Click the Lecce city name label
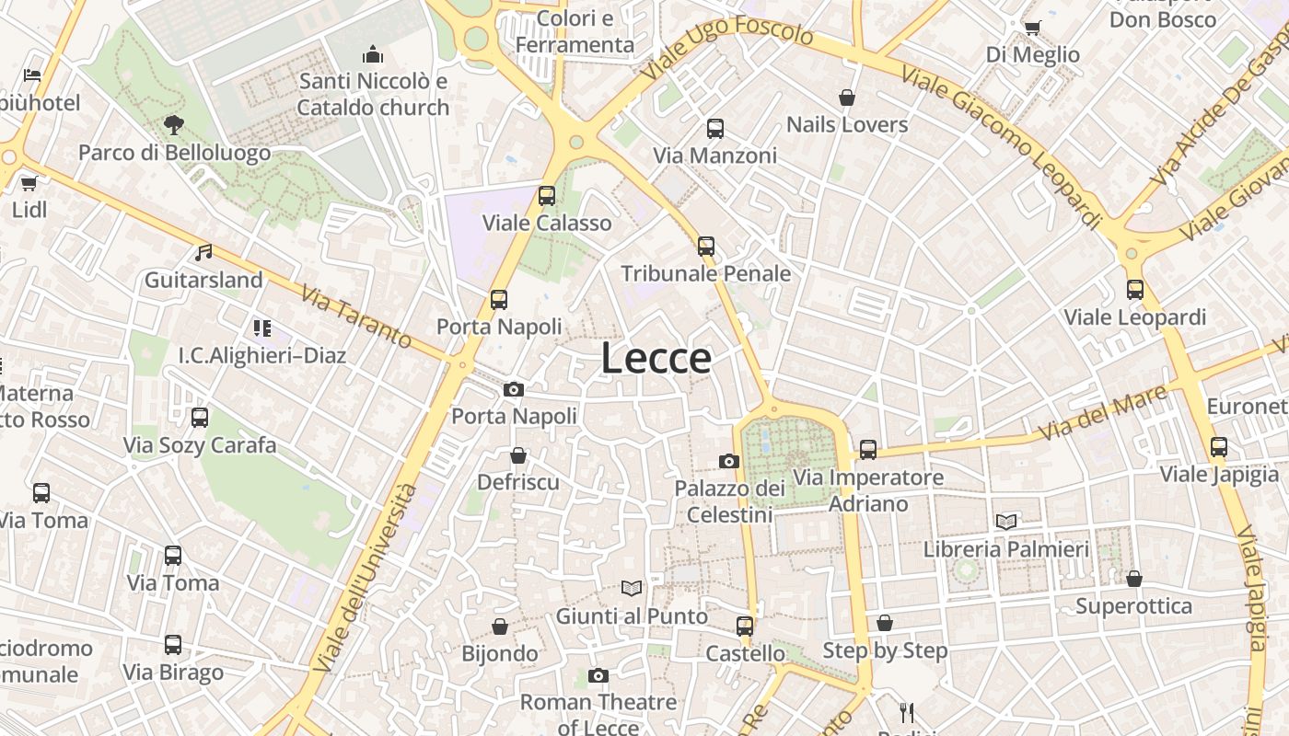[x=656, y=358]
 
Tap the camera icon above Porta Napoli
[x=514, y=390]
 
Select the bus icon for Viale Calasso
[x=547, y=195]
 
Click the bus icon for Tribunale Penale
[x=706, y=246]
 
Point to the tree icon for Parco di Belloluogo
[x=173, y=124]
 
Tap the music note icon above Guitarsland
[x=203, y=252]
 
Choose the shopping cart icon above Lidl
[x=29, y=183]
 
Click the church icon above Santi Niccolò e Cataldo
[x=373, y=54]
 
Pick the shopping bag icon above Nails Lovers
[x=847, y=98]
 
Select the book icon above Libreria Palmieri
[x=1006, y=522]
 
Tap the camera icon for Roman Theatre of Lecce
[x=598, y=676]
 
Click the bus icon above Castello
[x=745, y=627]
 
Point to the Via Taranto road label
[x=356, y=315]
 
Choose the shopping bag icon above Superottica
[x=1134, y=579]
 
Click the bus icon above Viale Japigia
[x=1219, y=447]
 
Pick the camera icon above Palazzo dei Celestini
[x=729, y=461]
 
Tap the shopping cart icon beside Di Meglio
[x=1032, y=28]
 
